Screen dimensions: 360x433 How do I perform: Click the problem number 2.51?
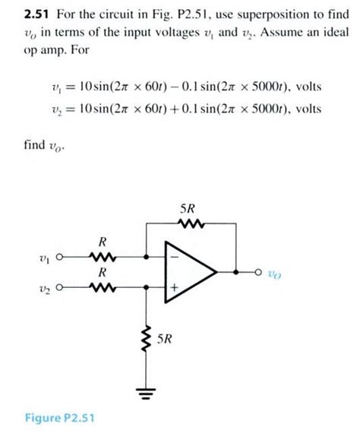tap(36, 14)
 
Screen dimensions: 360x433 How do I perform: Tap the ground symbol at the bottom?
tap(146, 393)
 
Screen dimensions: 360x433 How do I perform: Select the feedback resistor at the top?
tap(191, 223)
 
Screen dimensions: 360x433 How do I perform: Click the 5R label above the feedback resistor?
tap(188, 209)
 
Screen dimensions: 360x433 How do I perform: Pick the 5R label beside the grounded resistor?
tap(165, 339)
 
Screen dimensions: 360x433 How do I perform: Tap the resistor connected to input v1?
tap(103, 257)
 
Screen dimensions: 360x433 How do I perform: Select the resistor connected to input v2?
tap(103, 287)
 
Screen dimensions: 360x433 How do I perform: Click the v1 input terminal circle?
tap(59, 257)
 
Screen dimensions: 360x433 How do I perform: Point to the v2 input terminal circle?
tap(59, 287)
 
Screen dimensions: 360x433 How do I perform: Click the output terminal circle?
tap(258, 272)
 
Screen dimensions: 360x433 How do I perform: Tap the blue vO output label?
tap(274, 274)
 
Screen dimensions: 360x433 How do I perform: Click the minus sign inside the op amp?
tap(174, 257)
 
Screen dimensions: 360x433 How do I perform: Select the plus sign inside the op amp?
tap(174, 288)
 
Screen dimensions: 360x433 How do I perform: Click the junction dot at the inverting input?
tap(147, 257)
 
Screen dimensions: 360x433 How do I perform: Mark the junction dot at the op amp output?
tap(235, 272)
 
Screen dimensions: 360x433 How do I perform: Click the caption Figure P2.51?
tap(60, 418)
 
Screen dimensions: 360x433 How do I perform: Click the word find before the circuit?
tap(34, 144)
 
